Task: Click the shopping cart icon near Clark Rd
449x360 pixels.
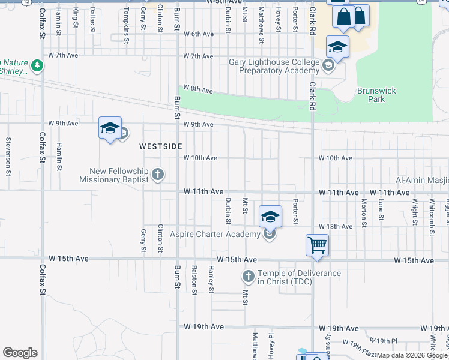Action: pos(317,244)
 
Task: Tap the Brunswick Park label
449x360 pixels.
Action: pos(376,95)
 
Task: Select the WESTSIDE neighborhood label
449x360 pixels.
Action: pos(160,146)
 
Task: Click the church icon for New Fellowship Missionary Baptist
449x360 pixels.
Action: pos(157,175)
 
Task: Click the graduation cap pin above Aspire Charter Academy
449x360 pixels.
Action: pos(270,216)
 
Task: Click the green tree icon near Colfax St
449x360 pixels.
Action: pos(37,65)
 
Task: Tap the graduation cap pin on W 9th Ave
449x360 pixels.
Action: pos(110,128)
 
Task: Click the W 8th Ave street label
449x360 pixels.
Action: pos(199,89)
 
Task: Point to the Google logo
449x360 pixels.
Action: pos(20,353)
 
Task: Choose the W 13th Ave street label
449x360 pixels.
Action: pos(336,226)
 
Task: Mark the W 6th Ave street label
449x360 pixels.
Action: pos(199,34)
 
